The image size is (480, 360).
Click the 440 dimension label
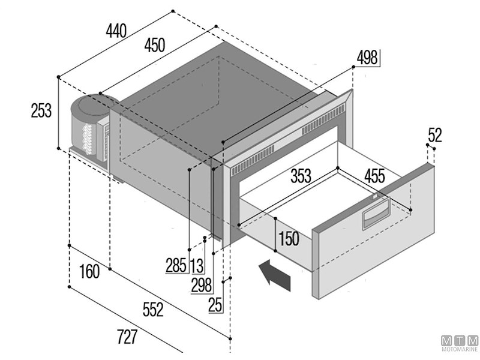pyautogui.click(x=116, y=30)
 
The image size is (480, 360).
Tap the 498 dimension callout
pyautogui.click(x=367, y=58)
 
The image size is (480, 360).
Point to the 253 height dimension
pyautogui.click(x=41, y=110)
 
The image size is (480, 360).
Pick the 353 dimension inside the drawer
pyautogui.click(x=301, y=176)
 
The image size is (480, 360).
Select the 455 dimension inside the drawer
pyautogui.click(x=374, y=176)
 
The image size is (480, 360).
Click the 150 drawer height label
pyautogui.click(x=288, y=238)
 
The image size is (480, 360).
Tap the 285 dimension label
pyautogui.click(x=176, y=265)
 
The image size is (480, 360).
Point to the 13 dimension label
pyautogui.click(x=196, y=265)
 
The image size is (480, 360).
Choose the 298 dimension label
pyautogui.click(x=201, y=285)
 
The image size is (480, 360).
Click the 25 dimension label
pyautogui.click(x=215, y=305)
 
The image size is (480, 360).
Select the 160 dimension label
pyautogui.click(x=89, y=272)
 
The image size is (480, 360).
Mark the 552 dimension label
pyautogui.click(x=153, y=310)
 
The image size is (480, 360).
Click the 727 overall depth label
pyautogui.click(x=127, y=338)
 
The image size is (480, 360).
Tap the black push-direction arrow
pyautogui.click(x=277, y=276)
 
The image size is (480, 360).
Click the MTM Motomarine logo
pyautogui.click(x=460, y=342)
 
